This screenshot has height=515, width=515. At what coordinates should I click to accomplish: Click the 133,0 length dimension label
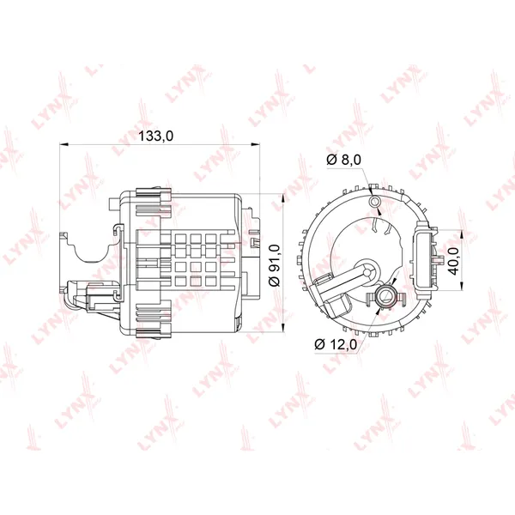pyautogui.click(x=155, y=136)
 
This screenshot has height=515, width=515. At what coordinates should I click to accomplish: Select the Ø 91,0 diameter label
pyautogui.click(x=275, y=265)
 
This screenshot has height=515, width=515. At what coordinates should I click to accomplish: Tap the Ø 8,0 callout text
pyautogui.click(x=344, y=160)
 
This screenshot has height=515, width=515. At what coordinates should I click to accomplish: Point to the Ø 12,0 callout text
pyautogui.click(x=336, y=344)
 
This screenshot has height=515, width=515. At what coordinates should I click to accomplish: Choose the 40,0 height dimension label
pyautogui.click(x=453, y=261)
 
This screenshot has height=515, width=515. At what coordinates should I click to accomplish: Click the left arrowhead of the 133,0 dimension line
pyautogui.click(x=63, y=144)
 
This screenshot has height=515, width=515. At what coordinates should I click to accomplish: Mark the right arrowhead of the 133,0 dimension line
pyautogui.click(x=255, y=144)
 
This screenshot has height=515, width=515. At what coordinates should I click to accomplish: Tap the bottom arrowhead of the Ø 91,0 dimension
pyautogui.click(x=283, y=328)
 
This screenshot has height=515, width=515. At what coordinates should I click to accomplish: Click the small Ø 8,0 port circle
pyautogui.click(x=374, y=201)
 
